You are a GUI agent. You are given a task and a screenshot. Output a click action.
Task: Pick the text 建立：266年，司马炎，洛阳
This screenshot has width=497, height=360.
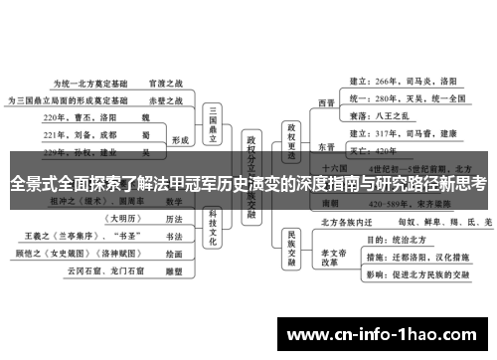[x=404, y=81]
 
